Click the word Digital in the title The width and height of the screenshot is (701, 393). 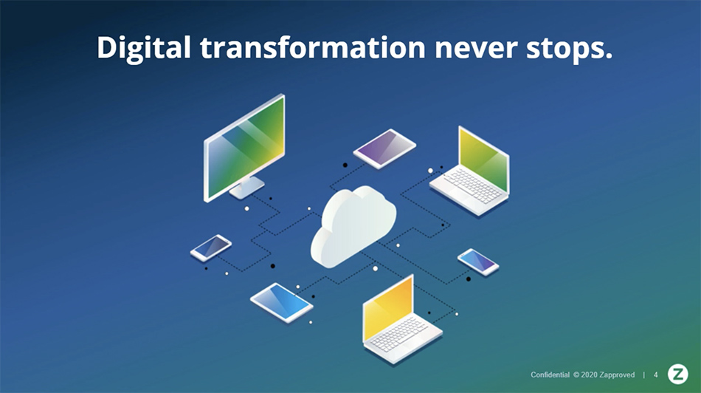(143, 48)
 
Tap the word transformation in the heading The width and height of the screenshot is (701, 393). (313, 47)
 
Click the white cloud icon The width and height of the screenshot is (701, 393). (353, 227)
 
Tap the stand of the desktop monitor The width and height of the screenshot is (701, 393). (246, 188)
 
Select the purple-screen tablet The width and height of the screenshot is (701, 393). (384, 148)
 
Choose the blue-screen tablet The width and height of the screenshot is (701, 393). (282, 301)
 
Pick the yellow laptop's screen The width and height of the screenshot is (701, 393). (388, 310)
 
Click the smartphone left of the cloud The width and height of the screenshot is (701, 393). (211, 247)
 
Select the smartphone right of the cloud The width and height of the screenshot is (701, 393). (478, 262)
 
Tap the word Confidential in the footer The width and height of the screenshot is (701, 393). (550, 375)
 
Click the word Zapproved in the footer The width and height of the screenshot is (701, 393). (617, 375)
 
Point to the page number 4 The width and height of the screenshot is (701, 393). (656, 375)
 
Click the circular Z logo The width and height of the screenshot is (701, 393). (677, 375)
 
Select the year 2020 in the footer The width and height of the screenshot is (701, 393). (589, 375)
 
